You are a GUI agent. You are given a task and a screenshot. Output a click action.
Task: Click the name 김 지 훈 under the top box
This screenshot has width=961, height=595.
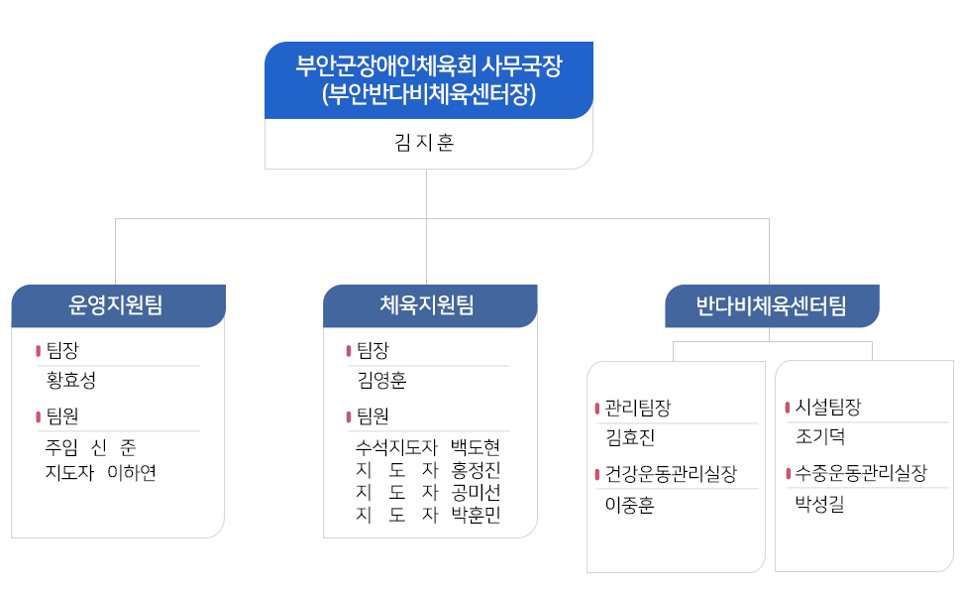coord(424,143)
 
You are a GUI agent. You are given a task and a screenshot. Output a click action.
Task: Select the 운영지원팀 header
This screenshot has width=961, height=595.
coord(116,304)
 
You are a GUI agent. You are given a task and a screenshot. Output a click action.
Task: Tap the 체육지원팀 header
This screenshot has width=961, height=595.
coord(427,304)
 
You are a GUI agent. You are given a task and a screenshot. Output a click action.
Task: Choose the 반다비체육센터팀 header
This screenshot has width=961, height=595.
coord(771,305)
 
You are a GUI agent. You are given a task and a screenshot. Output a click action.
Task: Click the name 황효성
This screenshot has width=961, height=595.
coord(71,381)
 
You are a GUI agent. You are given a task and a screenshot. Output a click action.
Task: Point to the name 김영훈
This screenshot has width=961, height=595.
coord(381,381)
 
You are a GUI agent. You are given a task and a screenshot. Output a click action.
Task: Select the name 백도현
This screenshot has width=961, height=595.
coord(476,447)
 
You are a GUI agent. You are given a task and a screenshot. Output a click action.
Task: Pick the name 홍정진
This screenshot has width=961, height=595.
coord(476,470)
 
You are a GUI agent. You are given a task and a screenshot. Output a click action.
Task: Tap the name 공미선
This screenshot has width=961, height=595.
coord(476,492)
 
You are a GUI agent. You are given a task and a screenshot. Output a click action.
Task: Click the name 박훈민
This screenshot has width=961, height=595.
coord(476,515)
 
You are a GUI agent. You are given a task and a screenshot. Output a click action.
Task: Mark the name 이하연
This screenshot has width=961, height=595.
coord(132,472)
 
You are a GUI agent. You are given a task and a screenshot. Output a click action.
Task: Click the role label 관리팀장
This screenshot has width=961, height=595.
coord(638,408)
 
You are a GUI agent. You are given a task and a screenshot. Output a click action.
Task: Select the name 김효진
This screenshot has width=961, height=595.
coord(630,437)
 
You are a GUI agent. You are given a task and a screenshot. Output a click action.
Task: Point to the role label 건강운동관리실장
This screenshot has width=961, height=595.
coord(671,474)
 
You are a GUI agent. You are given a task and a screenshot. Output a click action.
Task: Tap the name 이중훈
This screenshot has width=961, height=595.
coord(630,505)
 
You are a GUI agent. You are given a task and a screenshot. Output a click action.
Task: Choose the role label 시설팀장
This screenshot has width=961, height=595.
coord(828,406)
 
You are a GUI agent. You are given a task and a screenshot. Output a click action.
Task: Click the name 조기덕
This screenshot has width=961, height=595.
coord(820,436)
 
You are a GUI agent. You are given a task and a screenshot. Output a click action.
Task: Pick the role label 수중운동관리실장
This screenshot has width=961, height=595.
coord(861,473)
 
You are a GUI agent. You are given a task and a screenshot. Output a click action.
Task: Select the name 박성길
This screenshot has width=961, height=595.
coord(820,504)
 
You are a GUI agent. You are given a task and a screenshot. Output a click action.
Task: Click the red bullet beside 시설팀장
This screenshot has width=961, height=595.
coord(788,408)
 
